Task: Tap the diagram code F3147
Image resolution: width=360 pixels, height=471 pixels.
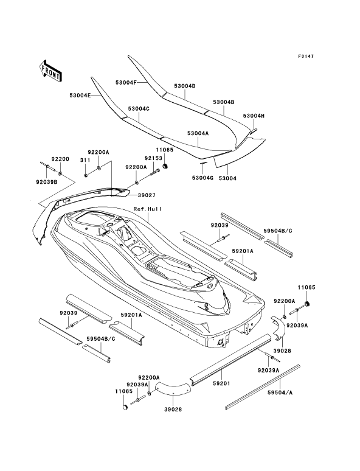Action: click(306, 56)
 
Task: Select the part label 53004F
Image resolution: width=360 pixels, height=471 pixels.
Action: click(126, 82)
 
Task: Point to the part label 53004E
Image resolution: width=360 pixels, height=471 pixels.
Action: click(80, 95)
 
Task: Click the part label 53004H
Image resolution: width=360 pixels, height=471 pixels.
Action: click(254, 116)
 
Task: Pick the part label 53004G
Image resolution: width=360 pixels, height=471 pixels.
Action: click(202, 178)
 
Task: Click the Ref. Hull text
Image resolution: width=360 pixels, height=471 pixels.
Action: click(147, 209)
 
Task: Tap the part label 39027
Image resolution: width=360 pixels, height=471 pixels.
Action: click(147, 195)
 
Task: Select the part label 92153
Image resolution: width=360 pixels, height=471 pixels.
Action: click(153, 158)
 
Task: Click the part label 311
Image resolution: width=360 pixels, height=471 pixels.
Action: click(85, 161)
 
